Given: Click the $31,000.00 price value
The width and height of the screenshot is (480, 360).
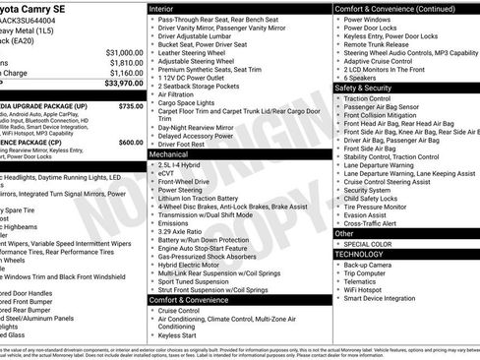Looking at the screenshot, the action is tap(123, 52).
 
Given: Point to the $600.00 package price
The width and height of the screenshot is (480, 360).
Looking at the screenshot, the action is tap(131, 142).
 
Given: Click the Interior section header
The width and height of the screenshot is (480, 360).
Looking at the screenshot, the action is tap(168, 8).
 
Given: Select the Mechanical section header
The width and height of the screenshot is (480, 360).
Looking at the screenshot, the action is tap(170, 154).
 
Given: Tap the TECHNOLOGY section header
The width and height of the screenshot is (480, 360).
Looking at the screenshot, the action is tap(360, 254).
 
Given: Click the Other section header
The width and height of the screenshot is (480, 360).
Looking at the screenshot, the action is tap(342, 233).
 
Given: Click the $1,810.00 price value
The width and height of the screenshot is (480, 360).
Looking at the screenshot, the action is tap(125, 62).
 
